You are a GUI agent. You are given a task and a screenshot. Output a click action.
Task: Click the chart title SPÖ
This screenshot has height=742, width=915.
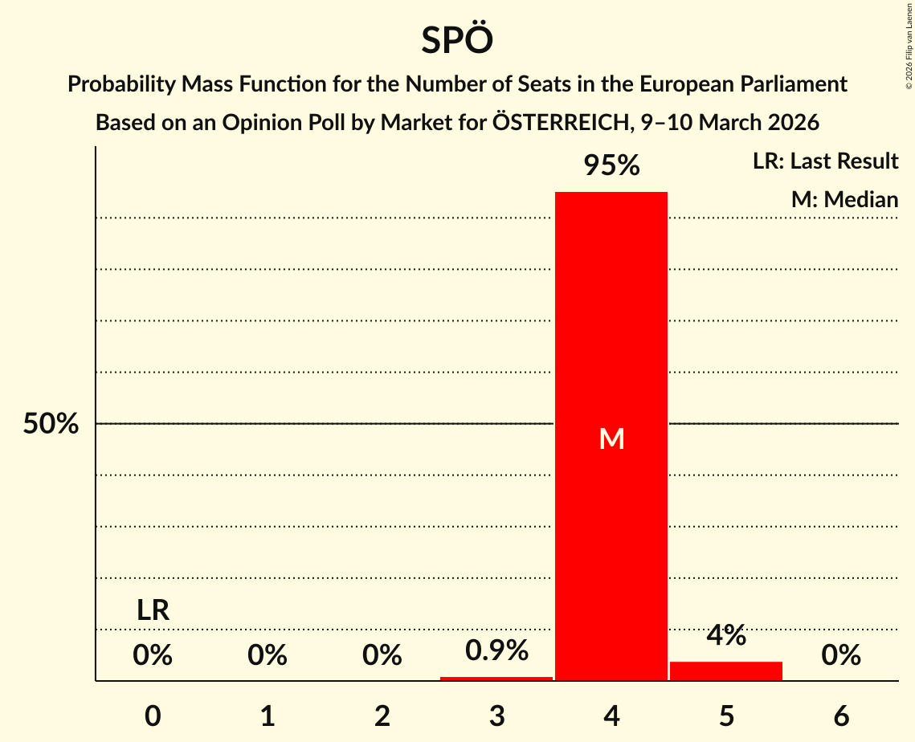click(456, 40)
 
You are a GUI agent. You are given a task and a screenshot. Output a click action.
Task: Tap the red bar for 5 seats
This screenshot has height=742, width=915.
click(726, 671)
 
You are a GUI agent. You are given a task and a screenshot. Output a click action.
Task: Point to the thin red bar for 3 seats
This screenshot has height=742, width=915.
click(496, 679)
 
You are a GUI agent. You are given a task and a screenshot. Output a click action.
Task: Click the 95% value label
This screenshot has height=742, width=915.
click(611, 166)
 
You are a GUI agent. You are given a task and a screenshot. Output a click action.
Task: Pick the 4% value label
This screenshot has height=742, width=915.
click(726, 636)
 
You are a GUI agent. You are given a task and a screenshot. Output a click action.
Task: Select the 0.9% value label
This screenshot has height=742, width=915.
click(496, 650)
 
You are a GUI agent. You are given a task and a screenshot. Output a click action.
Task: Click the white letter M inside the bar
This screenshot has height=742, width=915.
click(611, 438)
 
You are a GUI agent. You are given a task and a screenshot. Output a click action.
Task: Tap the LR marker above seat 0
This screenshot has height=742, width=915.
click(153, 611)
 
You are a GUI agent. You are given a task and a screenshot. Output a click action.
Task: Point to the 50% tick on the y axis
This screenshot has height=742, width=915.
click(51, 424)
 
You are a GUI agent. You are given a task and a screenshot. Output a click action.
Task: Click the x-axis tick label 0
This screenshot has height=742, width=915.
click(153, 716)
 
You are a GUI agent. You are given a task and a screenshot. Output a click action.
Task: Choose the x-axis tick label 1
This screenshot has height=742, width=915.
click(268, 716)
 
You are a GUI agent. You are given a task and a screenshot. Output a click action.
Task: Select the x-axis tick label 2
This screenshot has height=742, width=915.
click(382, 716)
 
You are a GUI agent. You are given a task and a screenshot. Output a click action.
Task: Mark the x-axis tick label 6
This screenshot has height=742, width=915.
click(841, 716)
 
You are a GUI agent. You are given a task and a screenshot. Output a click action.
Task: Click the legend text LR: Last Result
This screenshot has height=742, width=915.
click(825, 161)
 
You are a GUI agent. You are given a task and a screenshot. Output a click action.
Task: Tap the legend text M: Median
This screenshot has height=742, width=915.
click(844, 199)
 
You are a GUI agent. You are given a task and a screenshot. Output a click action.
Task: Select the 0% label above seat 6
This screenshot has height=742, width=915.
click(841, 656)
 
